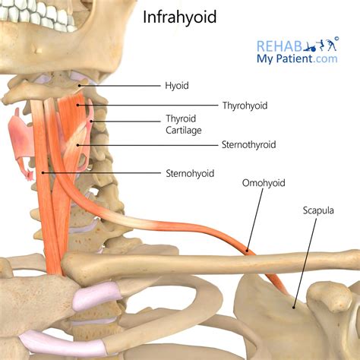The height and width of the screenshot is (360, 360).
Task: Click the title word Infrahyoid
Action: click(179, 17)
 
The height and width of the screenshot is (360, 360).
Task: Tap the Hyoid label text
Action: click(177, 86)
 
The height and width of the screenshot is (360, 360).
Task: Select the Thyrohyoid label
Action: click(245, 106)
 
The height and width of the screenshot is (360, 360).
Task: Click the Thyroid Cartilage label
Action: click(184, 125)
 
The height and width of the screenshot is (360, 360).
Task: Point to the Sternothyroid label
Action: click(249, 145)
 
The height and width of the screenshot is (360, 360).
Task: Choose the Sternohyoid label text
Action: click(190, 173)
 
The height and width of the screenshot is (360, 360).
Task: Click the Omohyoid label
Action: click(264, 183)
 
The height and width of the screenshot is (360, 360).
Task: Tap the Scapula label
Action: click(318, 210)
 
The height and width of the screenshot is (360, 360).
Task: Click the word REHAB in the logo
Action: click(279, 46)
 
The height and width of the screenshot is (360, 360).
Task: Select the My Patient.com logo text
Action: click(297, 58)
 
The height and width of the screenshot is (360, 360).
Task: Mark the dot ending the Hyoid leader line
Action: click(79, 86)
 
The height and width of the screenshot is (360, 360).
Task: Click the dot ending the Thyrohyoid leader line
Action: click(78, 105)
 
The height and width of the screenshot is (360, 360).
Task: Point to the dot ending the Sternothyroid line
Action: click(78, 145)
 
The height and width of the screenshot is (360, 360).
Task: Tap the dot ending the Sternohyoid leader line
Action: click(43, 172)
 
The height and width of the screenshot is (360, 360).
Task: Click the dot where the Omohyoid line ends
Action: click(247, 251)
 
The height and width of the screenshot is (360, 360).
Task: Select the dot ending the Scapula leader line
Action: click(294, 308)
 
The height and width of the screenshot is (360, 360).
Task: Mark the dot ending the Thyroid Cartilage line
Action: click(91, 122)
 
